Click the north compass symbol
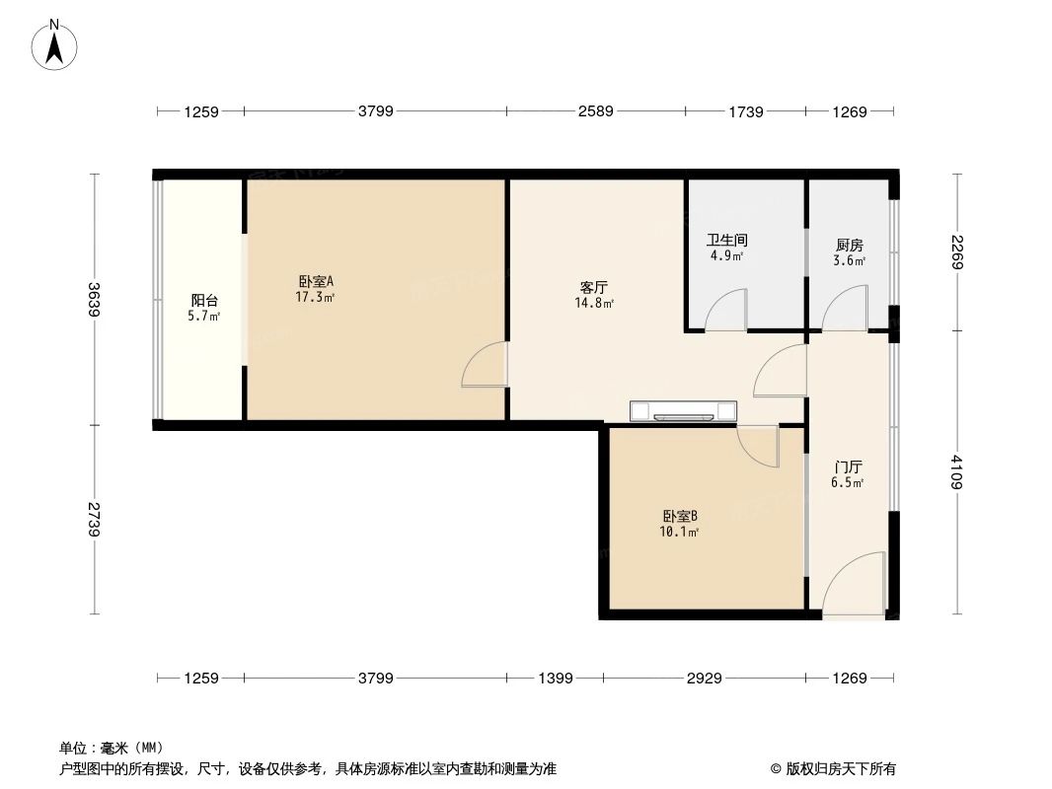coord(55,44)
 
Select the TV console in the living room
coord(683,410)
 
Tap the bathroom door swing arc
coord(728,309)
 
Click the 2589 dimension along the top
coord(596,111)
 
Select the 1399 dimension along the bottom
coord(554,678)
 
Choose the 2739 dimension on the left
coord(94,519)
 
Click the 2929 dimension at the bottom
coord(704,678)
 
